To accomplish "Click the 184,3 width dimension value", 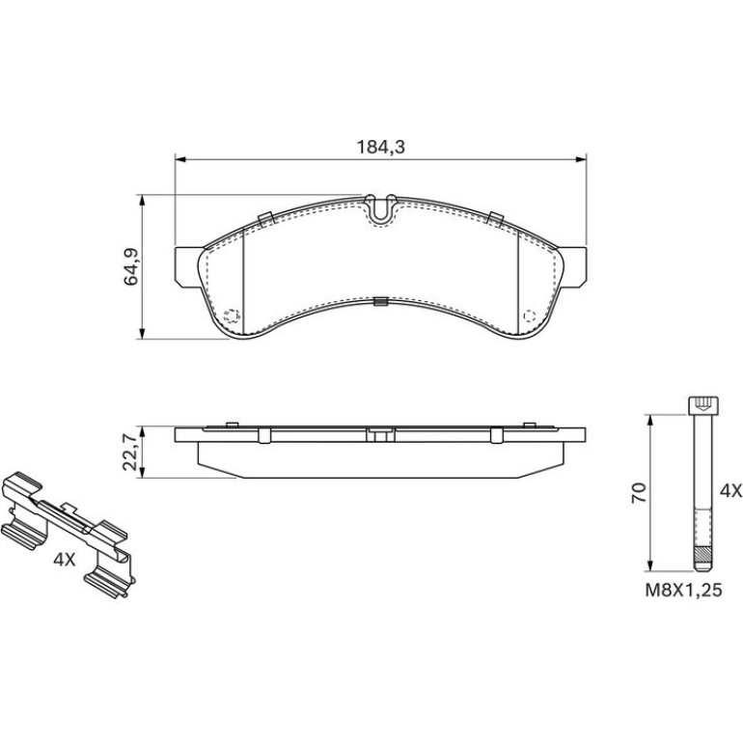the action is point(380,148).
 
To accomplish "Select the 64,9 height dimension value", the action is point(131,266).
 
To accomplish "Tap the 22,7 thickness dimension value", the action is point(130,453).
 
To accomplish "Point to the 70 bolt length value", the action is point(639,493).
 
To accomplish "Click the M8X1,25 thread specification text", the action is point(683,590).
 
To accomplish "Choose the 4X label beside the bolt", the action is point(730,491).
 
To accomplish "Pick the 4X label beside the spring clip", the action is point(65,560).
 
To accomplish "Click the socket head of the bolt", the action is point(702,405).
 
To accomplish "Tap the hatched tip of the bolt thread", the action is point(702,554).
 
